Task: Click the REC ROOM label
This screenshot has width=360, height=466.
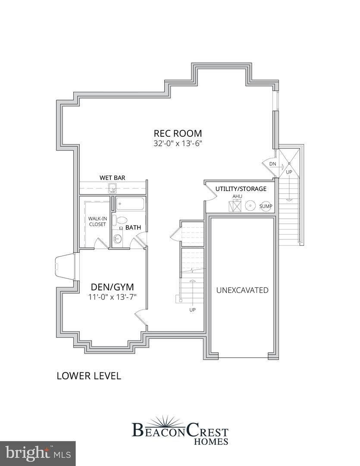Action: point(178,133)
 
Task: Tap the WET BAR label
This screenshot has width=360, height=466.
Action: point(113,177)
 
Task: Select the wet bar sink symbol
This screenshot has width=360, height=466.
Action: point(113,188)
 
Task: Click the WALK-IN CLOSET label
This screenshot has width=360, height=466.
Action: point(97,221)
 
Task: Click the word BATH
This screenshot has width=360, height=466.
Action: point(133,227)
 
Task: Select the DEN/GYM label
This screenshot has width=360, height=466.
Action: point(112,287)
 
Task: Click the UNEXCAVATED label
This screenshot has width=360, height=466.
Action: point(242,290)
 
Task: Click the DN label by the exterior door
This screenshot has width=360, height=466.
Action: point(272,164)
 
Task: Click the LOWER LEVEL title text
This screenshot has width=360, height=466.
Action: point(89,376)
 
